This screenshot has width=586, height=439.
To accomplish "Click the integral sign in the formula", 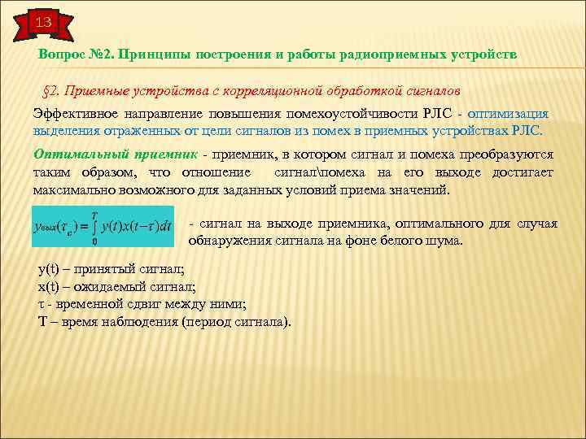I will coord(95,225).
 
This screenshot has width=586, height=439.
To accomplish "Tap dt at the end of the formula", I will coord(165,225).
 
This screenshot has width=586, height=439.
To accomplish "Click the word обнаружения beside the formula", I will coord(230,241).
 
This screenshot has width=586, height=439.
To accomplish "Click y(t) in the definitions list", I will coord(50,270).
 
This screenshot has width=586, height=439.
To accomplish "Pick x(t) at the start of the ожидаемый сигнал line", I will coord(50,287).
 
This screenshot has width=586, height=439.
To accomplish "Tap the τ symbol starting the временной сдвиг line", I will coord(42,304).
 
